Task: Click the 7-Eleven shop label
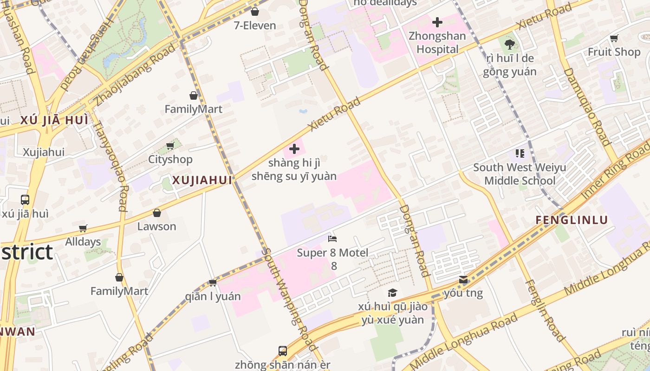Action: point(255,26)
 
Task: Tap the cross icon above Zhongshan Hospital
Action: point(437,22)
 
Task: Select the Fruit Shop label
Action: point(614,52)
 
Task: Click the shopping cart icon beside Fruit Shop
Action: point(614,38)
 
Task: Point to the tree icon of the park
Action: point(509,45)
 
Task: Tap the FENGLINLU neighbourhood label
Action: point(572,220)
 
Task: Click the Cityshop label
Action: point(170,160)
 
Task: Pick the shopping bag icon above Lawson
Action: point(157,213)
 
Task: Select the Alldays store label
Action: point(83,242)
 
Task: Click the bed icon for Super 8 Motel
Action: point(332,239)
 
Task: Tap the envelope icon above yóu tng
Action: point(463,280)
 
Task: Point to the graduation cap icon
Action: point(393,293)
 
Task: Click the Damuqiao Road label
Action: point(586,107)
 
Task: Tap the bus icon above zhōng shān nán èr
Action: point(282,351)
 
